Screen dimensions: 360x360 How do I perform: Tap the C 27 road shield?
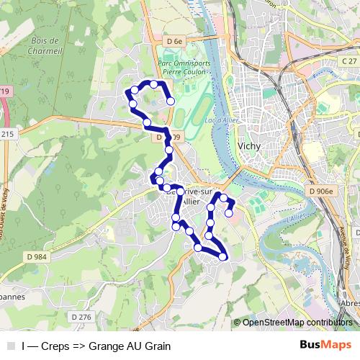(x=349, y=62)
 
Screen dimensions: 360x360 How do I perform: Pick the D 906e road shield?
(x=321, y=191)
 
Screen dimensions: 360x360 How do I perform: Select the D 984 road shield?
(x=37, y=257)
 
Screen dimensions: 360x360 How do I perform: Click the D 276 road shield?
(x=81, y=317)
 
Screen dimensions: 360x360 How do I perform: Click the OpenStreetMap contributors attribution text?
(x=293, y=323)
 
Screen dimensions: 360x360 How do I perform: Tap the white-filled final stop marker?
(x=229, y=212)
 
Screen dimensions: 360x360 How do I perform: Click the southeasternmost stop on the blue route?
(x=223, y=256)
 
